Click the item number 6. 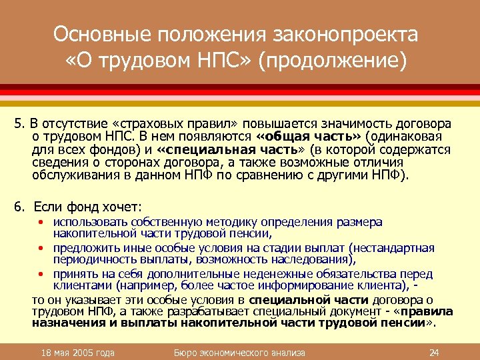(19, 207)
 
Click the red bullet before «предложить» (41, 248)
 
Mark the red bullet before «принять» (41, 274)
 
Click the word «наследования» (317, 259)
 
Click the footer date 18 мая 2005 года (77, 352)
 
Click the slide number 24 (434, 352)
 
